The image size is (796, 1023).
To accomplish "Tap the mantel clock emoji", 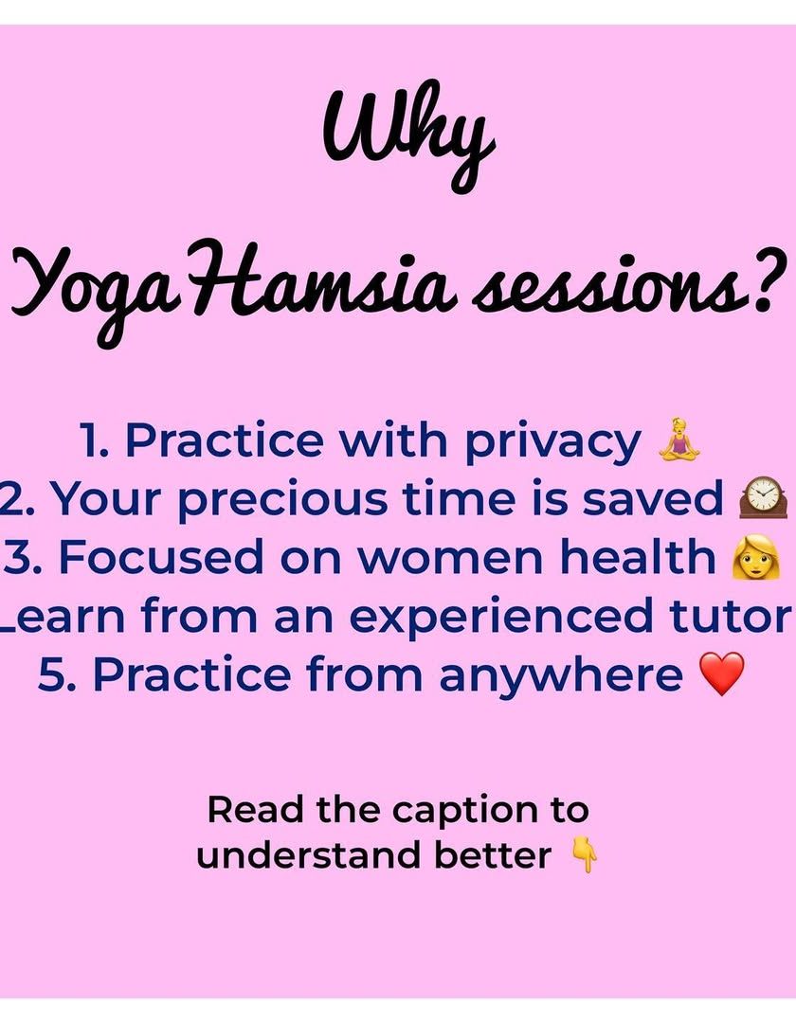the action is click(x=763, y=497).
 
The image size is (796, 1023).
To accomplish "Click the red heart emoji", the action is click(x=721, y=674).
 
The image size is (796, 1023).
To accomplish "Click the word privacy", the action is click(x=552, y=443).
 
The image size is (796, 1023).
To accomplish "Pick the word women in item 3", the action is click(x=451, y=560).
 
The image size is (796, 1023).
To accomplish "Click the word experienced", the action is click(x=501, y=619).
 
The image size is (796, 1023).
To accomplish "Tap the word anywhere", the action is click(x=561, y=676).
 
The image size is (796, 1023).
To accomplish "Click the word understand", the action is click(x=309, y=855).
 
